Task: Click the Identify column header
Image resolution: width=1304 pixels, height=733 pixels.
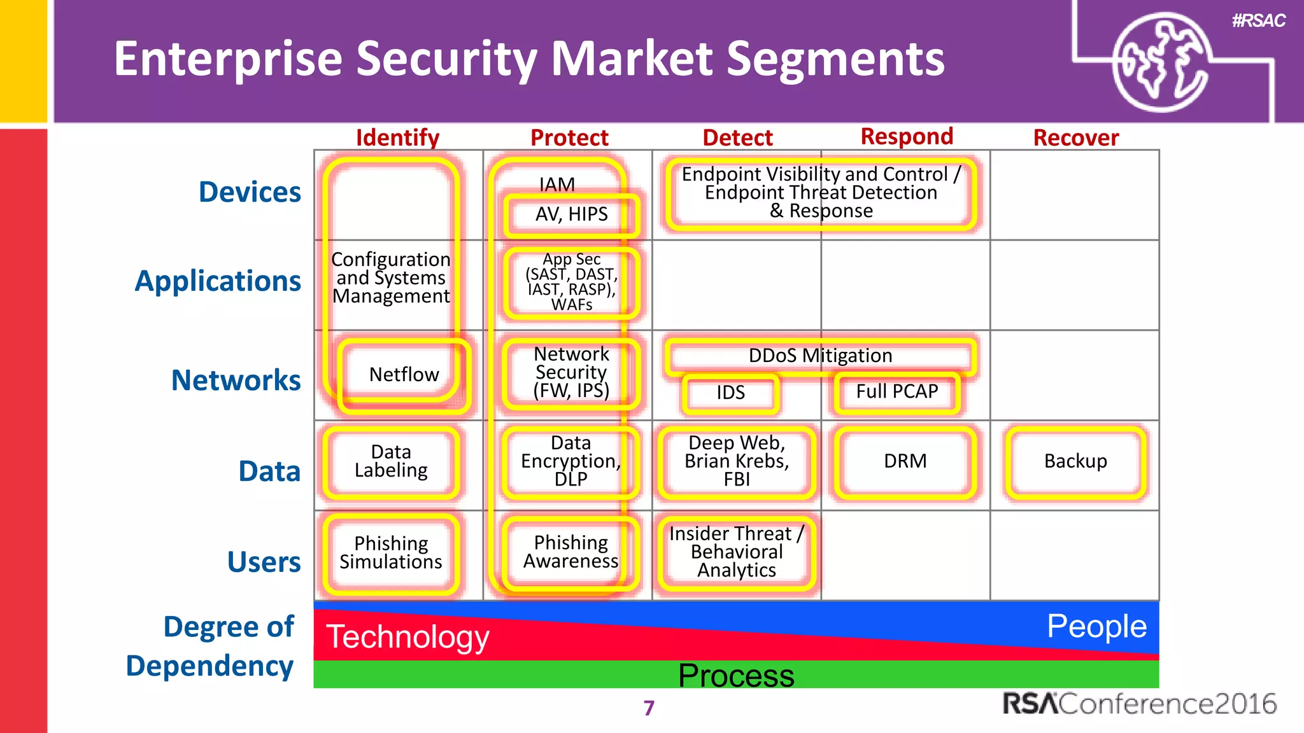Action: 397,137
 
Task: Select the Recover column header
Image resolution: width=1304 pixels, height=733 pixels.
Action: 1075,137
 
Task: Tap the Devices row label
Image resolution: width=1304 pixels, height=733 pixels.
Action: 250,192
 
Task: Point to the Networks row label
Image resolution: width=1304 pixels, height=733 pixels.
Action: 236,380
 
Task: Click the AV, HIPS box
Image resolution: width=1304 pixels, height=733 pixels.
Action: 571,214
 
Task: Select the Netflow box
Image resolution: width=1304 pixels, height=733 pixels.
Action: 404,375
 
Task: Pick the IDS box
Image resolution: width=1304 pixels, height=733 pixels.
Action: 730,393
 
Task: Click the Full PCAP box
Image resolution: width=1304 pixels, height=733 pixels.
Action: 896,391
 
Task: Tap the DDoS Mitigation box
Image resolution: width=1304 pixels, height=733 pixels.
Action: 820,356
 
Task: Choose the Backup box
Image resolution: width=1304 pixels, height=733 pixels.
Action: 1075,461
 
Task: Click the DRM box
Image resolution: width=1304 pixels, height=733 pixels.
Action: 905,461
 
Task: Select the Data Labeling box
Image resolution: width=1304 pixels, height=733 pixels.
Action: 391,461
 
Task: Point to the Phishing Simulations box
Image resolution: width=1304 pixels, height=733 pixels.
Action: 391,552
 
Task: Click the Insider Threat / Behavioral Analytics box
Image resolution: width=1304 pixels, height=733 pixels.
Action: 737,552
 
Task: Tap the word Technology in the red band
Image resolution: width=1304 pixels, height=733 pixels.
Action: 407,636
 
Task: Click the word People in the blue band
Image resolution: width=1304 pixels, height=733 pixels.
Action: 1096,626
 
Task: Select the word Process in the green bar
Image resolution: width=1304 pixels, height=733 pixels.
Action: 736,675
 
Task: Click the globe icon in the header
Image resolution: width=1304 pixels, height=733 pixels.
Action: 1160,62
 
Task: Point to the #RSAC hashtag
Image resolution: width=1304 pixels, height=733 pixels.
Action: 1258,21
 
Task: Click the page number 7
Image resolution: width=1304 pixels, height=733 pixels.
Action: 649,708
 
